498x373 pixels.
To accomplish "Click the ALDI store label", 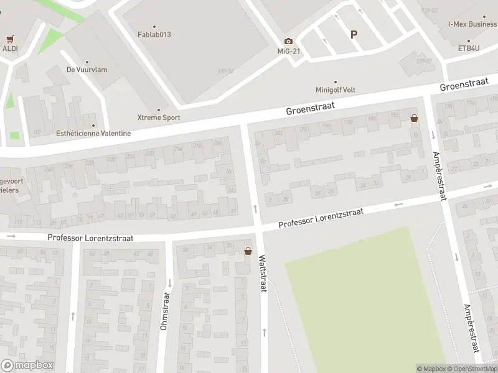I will coord(9,48).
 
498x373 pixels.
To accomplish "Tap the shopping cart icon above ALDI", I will coord(10,39).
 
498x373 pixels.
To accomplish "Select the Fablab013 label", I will coord(154,34).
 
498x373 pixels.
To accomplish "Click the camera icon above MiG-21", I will coord(288,41).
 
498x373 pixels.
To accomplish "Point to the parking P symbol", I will coord(354,35).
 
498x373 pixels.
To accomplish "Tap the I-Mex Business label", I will coord(472,24).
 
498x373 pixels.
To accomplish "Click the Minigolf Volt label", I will coord(335,90).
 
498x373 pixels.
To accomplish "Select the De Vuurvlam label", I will coord(87,70).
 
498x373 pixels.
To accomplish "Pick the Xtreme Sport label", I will coord(159,117).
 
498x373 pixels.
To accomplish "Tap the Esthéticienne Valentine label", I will coord(93,133).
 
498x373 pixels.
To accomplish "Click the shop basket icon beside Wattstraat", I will coord(248,252).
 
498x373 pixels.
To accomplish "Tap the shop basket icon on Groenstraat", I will coord(414,117).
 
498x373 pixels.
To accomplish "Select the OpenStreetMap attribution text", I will coord(474,369).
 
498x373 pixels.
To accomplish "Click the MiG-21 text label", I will coord(289,51).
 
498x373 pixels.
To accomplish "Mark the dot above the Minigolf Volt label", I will coord(336,81).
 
